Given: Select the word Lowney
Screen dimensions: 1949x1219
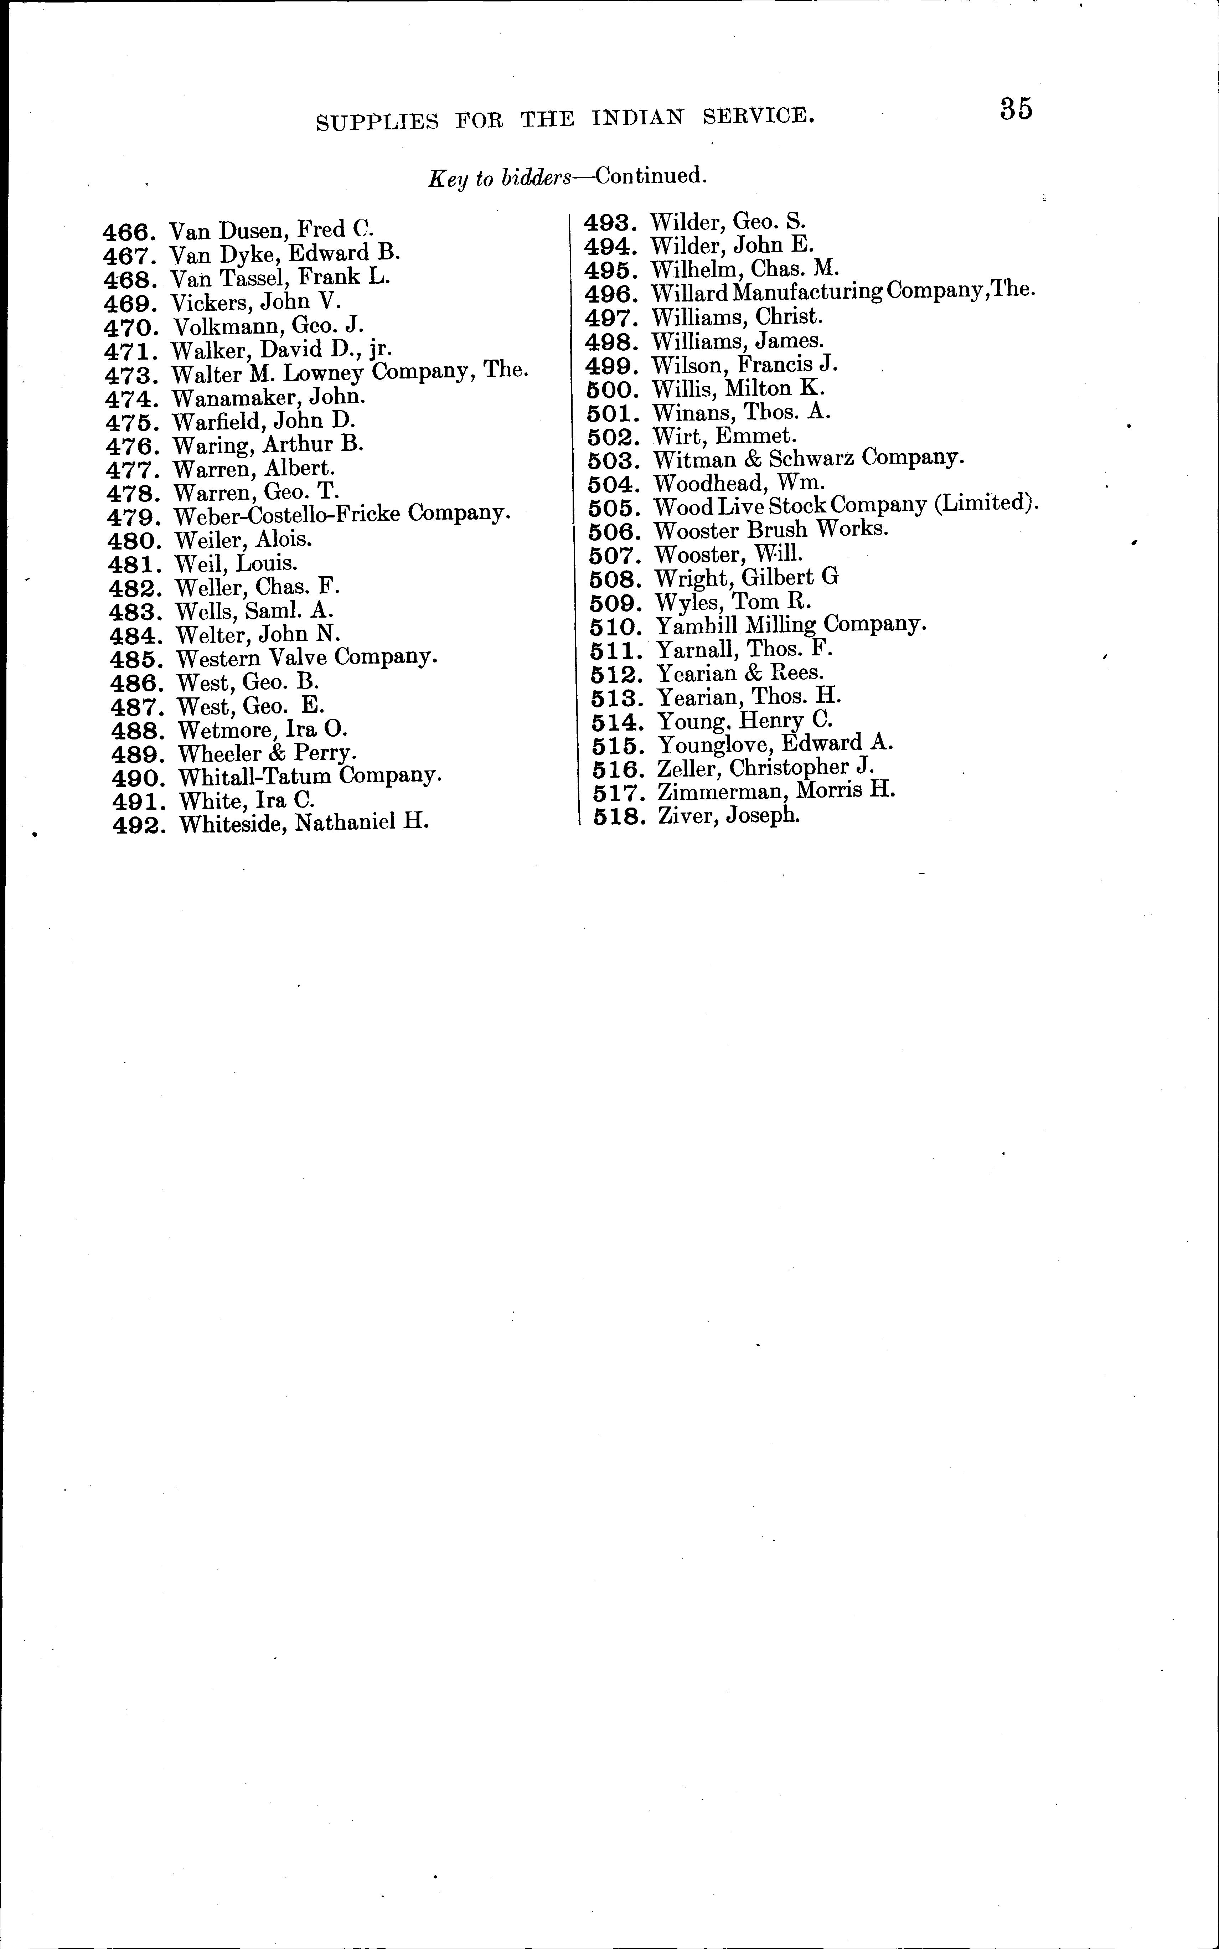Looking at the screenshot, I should [325, 373].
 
